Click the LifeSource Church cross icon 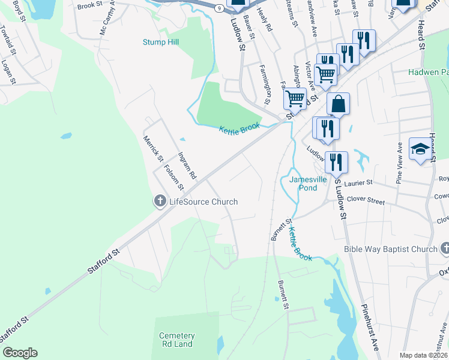point(160,202)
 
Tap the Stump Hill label point(161,42)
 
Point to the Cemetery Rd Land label point(176,340)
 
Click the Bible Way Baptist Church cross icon point(444,248)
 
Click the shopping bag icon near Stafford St point(339,104)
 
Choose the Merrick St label point(152,148)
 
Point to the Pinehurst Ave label point(370,336)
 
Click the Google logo point(20,353)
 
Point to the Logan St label point(7,70)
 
